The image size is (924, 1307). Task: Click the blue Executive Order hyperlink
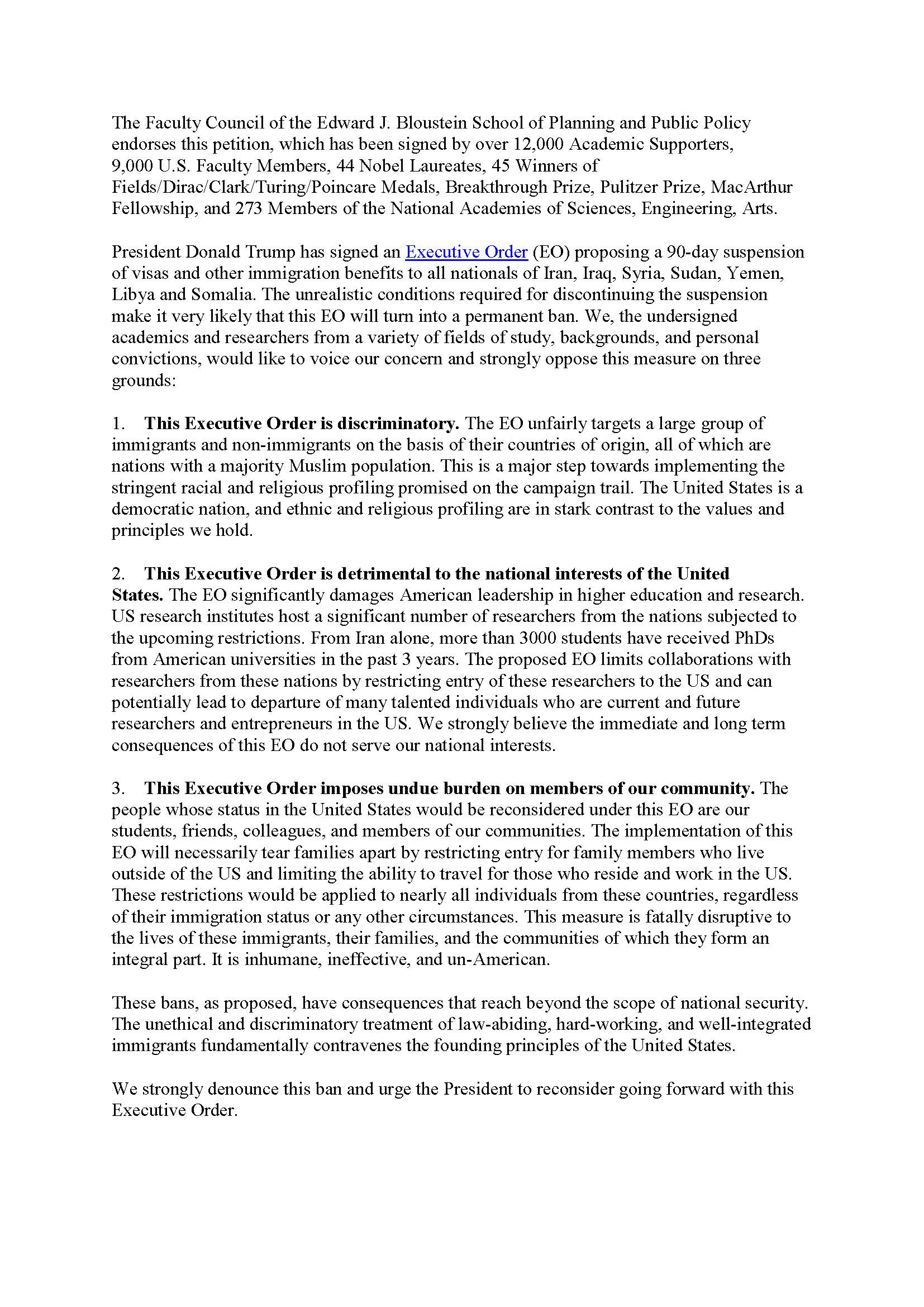click(x=466, y=252)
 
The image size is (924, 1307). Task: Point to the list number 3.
click(x=117, y=788)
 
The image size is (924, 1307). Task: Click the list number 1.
click(x=117, y=424)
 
